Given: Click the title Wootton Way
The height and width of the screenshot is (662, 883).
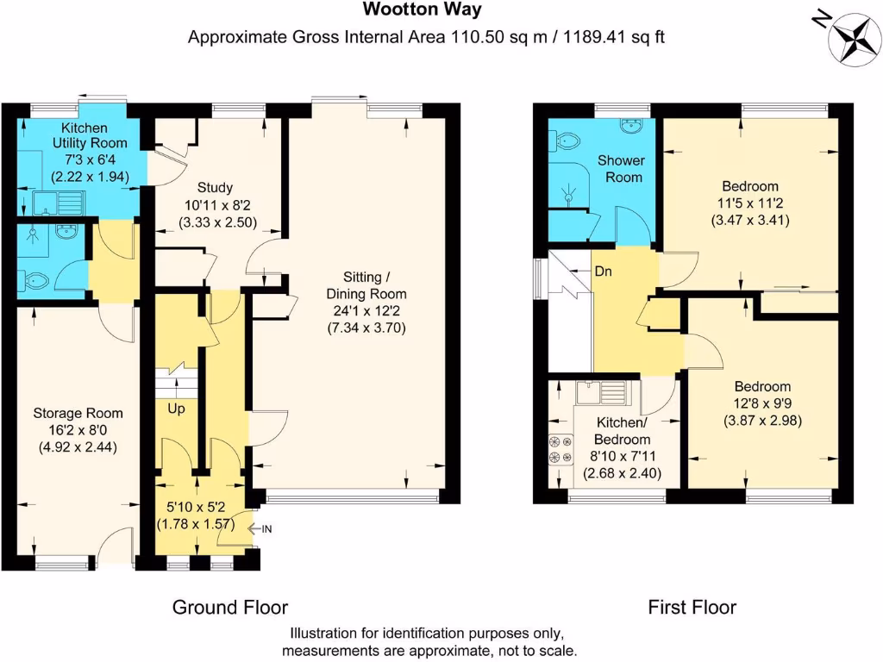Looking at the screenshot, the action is pos(423,9).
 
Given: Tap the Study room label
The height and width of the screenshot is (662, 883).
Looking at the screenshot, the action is pos(215,187).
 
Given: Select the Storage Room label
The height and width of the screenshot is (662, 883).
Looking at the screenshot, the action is pos(78,413).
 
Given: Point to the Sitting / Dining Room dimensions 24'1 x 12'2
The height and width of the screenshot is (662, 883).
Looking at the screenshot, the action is pos(366,310).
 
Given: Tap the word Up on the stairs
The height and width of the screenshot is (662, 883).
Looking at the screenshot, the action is pos(176,409).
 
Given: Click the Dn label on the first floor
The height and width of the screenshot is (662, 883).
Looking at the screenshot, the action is pos(603,272).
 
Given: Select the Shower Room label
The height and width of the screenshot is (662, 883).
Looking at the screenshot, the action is pos(622,169).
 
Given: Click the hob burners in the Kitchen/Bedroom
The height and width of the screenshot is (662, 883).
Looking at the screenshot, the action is pos(560,449).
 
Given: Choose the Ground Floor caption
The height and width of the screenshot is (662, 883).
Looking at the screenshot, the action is pos(230,608).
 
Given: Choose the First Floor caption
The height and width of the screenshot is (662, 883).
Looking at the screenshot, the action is pos(692,608).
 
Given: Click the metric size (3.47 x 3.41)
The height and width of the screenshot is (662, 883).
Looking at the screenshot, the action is pos(750,220).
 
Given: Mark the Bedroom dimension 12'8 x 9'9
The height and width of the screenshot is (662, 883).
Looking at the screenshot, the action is pos(762,403).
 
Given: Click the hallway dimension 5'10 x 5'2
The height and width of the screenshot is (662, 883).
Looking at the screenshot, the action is pos(196,507).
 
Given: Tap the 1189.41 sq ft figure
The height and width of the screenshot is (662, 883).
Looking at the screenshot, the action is pos(614,37).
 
